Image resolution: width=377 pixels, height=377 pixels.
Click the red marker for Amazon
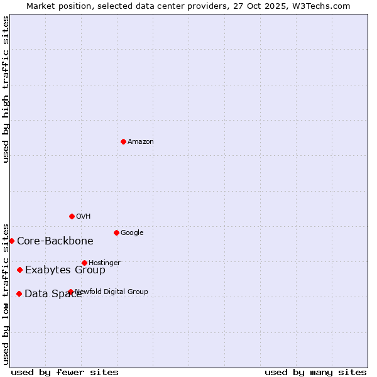pyautogui.click(x=123, y=141)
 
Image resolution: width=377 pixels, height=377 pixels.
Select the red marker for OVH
pyautogui.click(x=72, y=216)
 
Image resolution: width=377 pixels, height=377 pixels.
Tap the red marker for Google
pyautogui.click(x=116, y=232)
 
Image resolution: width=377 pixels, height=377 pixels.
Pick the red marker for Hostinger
pyautogui.click(x=84, y=263)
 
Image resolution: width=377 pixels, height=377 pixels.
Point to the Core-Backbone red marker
pyautogui.click(x=11, y=241)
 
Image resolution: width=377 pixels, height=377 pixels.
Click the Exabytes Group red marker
pyautogui.click(x=19, y=270)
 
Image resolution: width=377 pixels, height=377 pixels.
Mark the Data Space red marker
pyautogui.click(x=19, y=293)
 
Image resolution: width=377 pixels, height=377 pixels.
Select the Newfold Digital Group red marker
pyautogui.click(x=70, y=292)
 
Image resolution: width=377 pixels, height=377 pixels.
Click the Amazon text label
pyautogui.click(x=141, y=142)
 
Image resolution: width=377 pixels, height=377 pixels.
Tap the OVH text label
pyautogui.click(x=84, y=217)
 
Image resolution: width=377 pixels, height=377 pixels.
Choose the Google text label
pyautogui.click(x=132, y=233)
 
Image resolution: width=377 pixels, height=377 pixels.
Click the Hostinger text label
pyautogui.click(x=104, y=263)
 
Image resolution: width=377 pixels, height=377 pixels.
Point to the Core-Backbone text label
pyautogui.click(x=55, y=241)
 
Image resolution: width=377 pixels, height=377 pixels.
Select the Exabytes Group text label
pyautogui.click(x=65, y=270)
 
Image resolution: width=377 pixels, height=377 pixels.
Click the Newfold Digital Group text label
pyautogui.click(x=112, y=292)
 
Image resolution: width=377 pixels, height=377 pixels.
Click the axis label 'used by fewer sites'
pyautogui.click(x=65, y=372)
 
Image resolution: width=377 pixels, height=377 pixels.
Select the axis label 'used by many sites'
pyautogui.click(x=315, y=372)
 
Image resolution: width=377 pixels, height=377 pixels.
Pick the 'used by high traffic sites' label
pyautogui.click(x=6, y=89)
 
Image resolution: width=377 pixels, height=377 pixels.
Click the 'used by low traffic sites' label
pyautogui.click(x=6, y=294)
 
